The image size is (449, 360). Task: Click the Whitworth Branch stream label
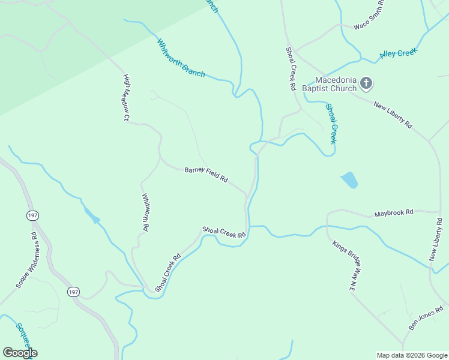coord(181,58)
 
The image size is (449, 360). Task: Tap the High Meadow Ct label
coord(127,98)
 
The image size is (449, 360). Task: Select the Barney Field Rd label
coord(206,175)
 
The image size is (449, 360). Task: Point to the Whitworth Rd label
coord(145,212)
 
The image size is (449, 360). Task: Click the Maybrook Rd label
coord(394,213)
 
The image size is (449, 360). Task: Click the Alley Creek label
coord(398,54)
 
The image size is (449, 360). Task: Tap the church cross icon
coord(367,83)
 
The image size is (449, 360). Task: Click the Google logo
coord(20,353)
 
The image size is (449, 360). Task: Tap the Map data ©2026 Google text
coord(411,355)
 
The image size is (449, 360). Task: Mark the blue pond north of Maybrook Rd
coord(349,180)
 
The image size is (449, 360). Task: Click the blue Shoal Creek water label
coord(331,123)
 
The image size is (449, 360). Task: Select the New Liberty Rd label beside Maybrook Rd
coord(436,240)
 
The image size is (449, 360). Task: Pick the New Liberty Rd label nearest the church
coord(393,115)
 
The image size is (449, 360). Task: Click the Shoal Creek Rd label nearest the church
coord(291,69)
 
